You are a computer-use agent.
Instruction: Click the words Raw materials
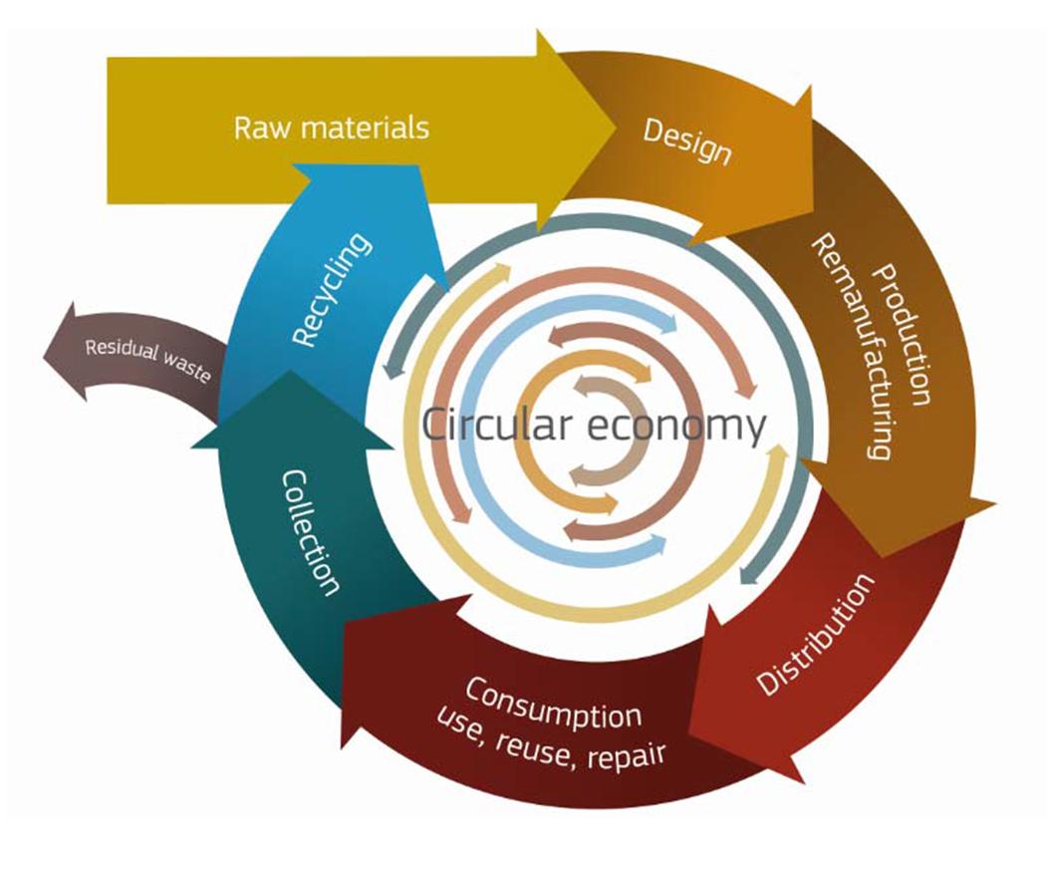coord(331,129)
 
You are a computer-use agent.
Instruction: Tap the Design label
coord(687,142)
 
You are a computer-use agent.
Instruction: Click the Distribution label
coord(815,635)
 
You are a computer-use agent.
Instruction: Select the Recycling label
coord(334,290)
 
